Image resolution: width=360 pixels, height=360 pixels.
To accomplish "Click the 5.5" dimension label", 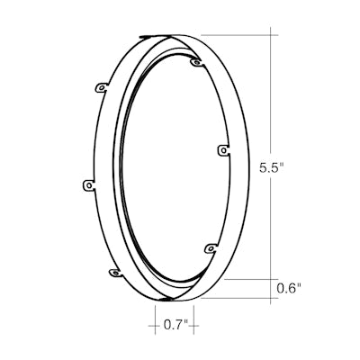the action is [272, 168].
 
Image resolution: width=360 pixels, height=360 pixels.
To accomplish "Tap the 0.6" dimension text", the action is [289, 289].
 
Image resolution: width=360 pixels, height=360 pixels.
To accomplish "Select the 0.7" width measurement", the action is [175, 325].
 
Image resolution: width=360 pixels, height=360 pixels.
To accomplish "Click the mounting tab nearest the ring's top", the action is [197, 62].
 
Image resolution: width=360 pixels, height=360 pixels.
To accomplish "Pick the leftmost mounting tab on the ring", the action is [88, 185].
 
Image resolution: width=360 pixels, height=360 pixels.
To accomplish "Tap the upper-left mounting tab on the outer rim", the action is [102, 87].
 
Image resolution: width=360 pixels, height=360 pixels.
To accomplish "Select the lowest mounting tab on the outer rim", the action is [115, 273].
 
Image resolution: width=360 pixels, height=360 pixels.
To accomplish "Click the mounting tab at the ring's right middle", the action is [223, 149].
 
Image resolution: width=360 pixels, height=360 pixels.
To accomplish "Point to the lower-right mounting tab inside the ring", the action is [211, 248].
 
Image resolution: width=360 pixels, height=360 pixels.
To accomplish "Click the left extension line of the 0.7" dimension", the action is [156, 319].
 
